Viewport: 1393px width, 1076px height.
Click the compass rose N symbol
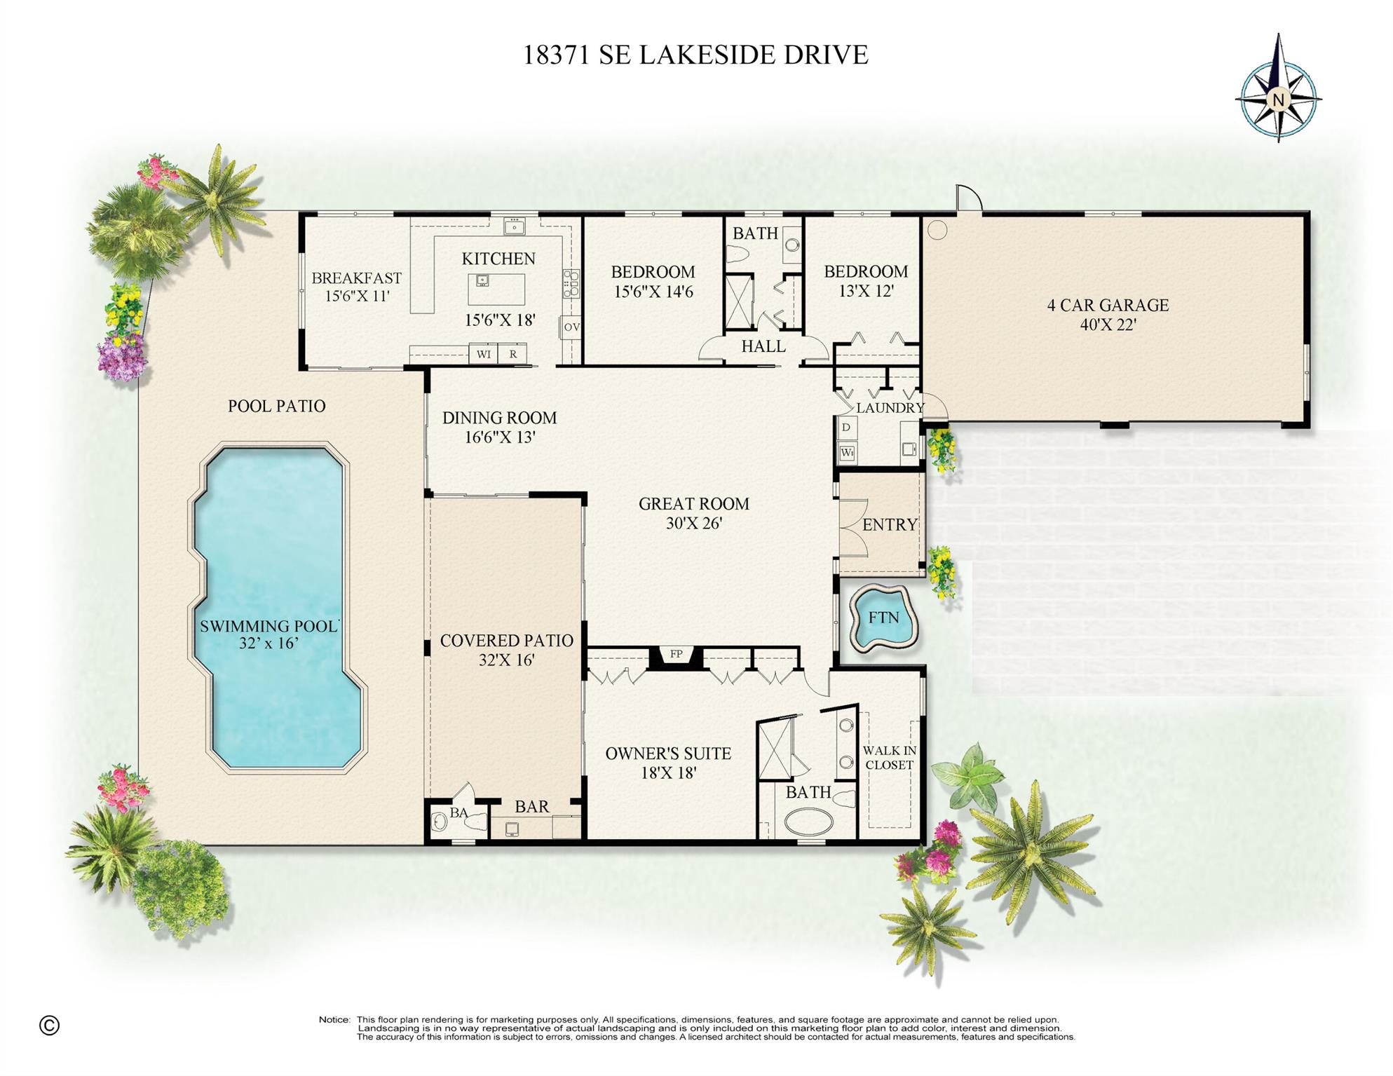pyautogui.click(x=1278, y=100)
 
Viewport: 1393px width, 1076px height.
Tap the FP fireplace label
pyautogui.click(x=676, y=654)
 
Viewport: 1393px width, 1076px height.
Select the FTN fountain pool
pyautogui.click(x=883, y=618)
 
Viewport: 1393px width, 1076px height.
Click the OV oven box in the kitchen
pyautogui.click(x=571, y=327)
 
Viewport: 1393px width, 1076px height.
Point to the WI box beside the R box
pyautogui.click(x=484, y=354)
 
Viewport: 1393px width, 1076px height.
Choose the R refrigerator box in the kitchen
pyautogui.click(x=513, y=354)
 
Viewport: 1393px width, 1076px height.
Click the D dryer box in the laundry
pyautogui.click(x=846, y=427)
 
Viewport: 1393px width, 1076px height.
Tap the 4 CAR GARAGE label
pyautogui.click(x=1108, y=305)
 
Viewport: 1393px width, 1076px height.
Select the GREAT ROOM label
pyautogui.click(x=693, y=503)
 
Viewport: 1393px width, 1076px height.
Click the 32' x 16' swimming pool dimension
pyautogui.click(x=269, y=643)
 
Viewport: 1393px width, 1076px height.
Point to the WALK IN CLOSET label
pyautogui.click(x=889, y=758)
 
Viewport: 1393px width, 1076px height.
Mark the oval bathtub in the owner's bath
pyautogui.click(x=808, y=822)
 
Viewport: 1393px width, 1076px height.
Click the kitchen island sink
pyautogui.click(x=482, y=280)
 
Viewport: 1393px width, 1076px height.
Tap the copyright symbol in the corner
pyautogui.click(x=49, y=1026)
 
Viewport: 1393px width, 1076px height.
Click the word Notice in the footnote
pyautogui.click(x=334, y=1019)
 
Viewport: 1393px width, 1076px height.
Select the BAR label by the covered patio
pyautogui.click(x=531, y=806)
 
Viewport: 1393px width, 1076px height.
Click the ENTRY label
pyautogui.click(x=890, y=524)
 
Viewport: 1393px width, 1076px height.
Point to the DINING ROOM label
pyautogui.click(x=499, y=418)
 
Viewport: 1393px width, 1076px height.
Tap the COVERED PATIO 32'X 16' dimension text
pyautogui.click(x=506, y=660)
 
